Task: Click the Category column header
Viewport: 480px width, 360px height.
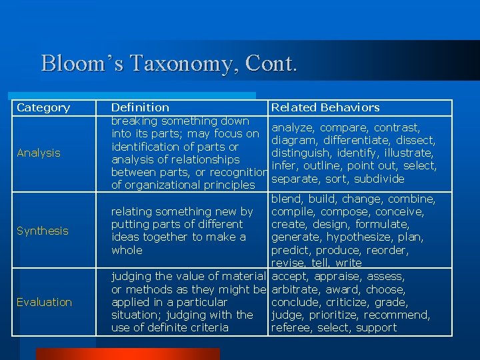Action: tap(43, 107)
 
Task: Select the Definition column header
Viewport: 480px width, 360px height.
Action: tap(140, 107)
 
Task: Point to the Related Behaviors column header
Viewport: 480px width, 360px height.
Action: tap(325, 107)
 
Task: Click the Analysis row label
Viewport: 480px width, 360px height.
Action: tap(39, 153)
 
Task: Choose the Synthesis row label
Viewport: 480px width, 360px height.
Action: tap(43, 231)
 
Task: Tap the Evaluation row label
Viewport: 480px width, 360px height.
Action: tap(45, 302)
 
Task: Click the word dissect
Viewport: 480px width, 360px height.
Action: tap(417, 140)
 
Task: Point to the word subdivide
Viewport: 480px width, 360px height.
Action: tap(379, 179)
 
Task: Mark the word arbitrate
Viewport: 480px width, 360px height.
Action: tap(296, 289)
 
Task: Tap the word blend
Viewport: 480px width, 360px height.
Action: tap(286, 199)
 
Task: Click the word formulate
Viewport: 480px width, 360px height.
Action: tap(383, 224)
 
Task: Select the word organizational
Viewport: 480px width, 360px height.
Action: tap(159, 185)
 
